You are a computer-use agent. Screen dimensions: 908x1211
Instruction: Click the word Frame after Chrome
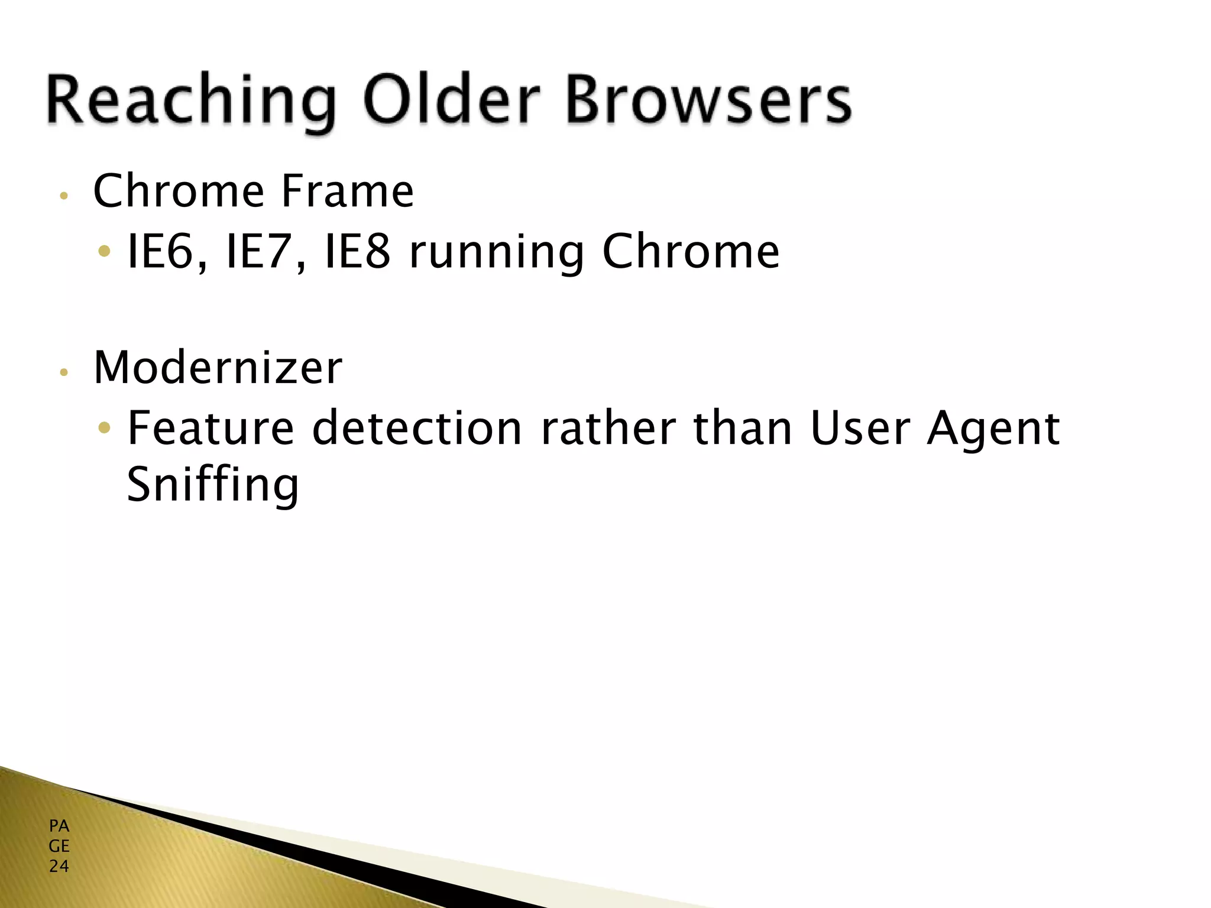pos(347,191)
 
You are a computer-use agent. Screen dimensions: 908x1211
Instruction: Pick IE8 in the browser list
pos(358,252)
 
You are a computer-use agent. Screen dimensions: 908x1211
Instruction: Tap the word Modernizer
pos(218,368)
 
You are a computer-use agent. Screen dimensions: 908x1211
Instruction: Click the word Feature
pos(211,428)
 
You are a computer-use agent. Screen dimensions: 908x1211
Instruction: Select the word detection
pos(417,428)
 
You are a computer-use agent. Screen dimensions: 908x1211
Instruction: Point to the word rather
pos(608,428)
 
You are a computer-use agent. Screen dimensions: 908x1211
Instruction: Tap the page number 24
pos(59,867)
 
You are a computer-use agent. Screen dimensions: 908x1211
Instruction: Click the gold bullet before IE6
pos(104,252)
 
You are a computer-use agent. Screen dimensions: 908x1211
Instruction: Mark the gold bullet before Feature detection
pos(104,427)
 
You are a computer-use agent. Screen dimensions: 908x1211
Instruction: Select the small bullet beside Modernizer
pos(64,372)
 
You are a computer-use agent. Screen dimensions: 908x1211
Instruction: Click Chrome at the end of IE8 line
pos(691,252)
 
